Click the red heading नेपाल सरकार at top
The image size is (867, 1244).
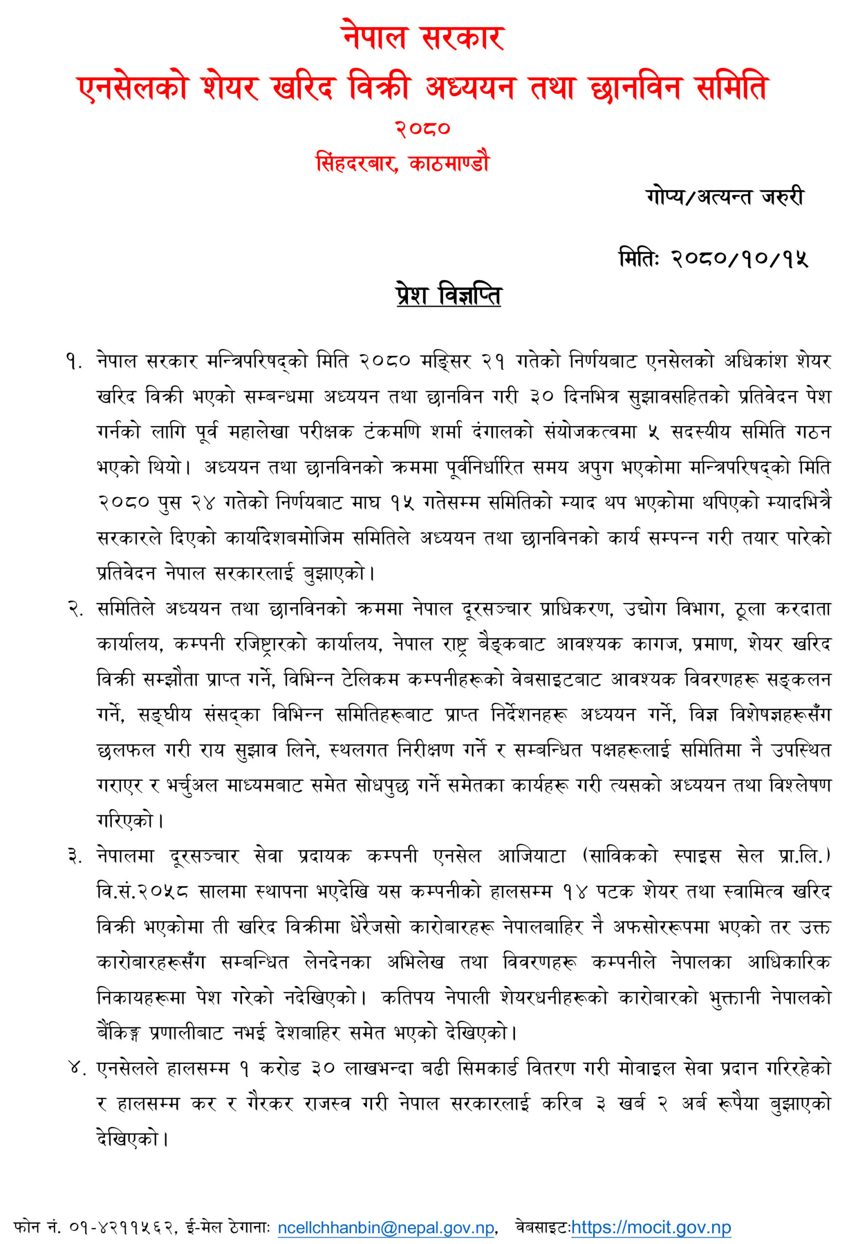[424, 38]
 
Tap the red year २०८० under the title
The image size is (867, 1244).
[423, 128]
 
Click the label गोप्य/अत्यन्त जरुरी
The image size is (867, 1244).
[725, 197]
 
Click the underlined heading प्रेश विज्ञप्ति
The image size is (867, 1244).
[448, 295]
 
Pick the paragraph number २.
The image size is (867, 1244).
[75, 609]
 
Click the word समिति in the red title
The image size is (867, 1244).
[732, 88]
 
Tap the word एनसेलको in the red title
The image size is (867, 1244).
[133, 88]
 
